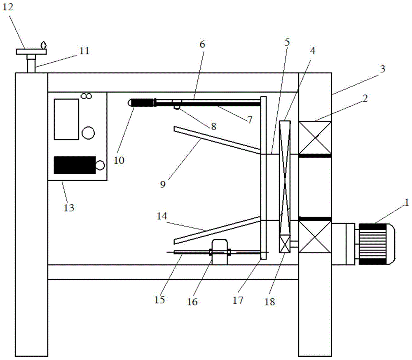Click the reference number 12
(7, 7)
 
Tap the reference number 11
(84, 51)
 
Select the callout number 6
(202, 44)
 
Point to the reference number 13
(69, 208)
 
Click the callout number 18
(270, 302)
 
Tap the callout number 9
(163, 185)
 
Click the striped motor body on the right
(372, 244)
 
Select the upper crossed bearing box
(315, 138)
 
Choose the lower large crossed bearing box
(315, 237)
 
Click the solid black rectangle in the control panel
(75, 165)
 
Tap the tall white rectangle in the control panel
(66, 119)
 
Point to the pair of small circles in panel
(86, 96)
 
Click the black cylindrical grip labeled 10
(142, 103)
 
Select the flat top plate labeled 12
(31, 52)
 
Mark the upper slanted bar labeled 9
(217, 140)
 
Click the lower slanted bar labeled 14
(217, 230)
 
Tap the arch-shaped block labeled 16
(220, 252)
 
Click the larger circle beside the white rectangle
(88, 133)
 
